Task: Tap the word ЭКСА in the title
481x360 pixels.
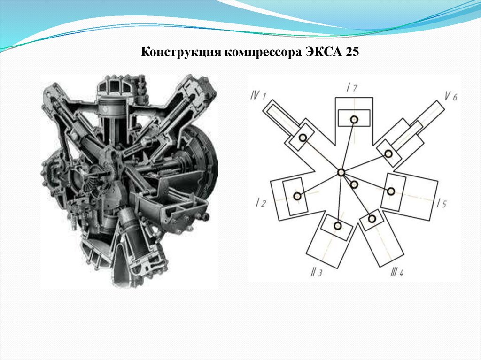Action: (x=324, y=52)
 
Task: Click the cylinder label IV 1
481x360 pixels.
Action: (x=258, y=95)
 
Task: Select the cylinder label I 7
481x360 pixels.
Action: (x=352, y=88)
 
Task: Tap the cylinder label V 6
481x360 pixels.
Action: (x=450, y=96)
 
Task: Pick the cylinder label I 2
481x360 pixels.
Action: (x=261, y=202)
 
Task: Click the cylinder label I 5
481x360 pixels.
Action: (x=442, y=203)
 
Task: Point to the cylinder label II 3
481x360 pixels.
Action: (x=316, y=272)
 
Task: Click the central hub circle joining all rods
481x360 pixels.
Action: (x=341, y=173)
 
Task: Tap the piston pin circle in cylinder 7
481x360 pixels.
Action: (x=354, y=119)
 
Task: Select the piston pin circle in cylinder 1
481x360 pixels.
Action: (x=303, y=138)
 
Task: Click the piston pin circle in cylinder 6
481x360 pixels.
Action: (x=388, y=153)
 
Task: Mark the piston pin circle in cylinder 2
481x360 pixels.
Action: (x=297, y=196)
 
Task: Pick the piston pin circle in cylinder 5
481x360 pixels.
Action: (x=390, y=191)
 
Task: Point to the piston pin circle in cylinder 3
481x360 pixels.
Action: (x=337, y=226)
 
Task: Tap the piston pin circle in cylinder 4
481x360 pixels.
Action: (x=372, y=219)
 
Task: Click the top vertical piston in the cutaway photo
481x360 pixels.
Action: (x=113, y=109)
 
